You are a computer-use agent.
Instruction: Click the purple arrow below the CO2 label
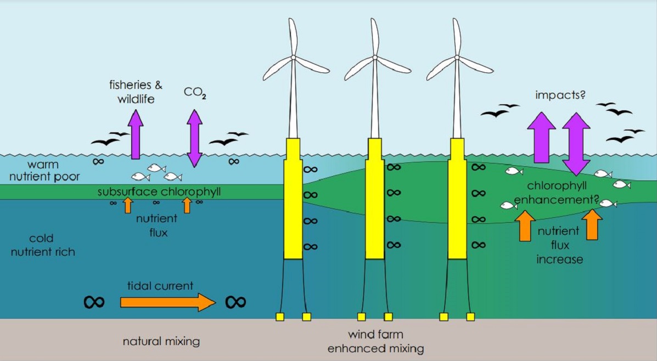pos(194,138)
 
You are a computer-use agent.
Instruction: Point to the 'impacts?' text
pos(560,95)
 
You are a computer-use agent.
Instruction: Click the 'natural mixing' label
pos(161,341)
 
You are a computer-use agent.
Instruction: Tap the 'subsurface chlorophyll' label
pos(155,192)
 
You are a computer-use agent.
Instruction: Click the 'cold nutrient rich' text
pos(45,245)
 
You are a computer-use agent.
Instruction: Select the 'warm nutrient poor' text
pos(44,170)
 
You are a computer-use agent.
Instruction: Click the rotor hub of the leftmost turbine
pos(293,57)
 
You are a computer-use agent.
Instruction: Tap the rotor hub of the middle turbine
pos(374,57)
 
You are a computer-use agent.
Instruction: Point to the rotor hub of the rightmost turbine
pos(456,57)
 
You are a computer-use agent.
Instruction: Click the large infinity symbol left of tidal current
pos(94,302)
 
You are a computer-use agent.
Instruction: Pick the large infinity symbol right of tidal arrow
pos(235,302)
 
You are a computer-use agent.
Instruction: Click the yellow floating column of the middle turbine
pos(375,203)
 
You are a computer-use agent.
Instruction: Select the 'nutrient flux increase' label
pos(559,245)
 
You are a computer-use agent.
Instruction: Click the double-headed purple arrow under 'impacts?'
pos(576,143)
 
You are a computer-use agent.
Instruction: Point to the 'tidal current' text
pos(168,286)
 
